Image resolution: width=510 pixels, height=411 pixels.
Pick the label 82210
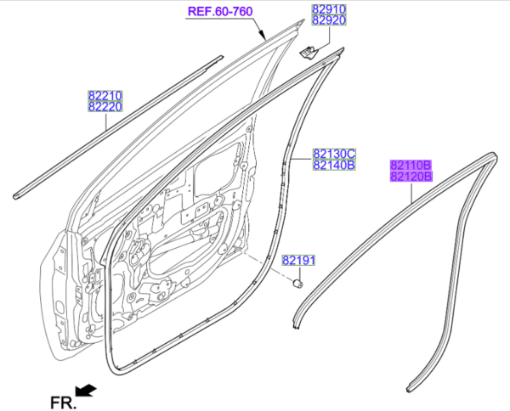[103, 95]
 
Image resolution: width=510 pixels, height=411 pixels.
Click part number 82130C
[333, 154]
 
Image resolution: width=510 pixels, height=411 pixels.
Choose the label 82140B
[333, 166]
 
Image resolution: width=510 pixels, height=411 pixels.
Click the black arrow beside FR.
[85, 391]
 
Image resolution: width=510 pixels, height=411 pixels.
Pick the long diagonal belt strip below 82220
[119, 127]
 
